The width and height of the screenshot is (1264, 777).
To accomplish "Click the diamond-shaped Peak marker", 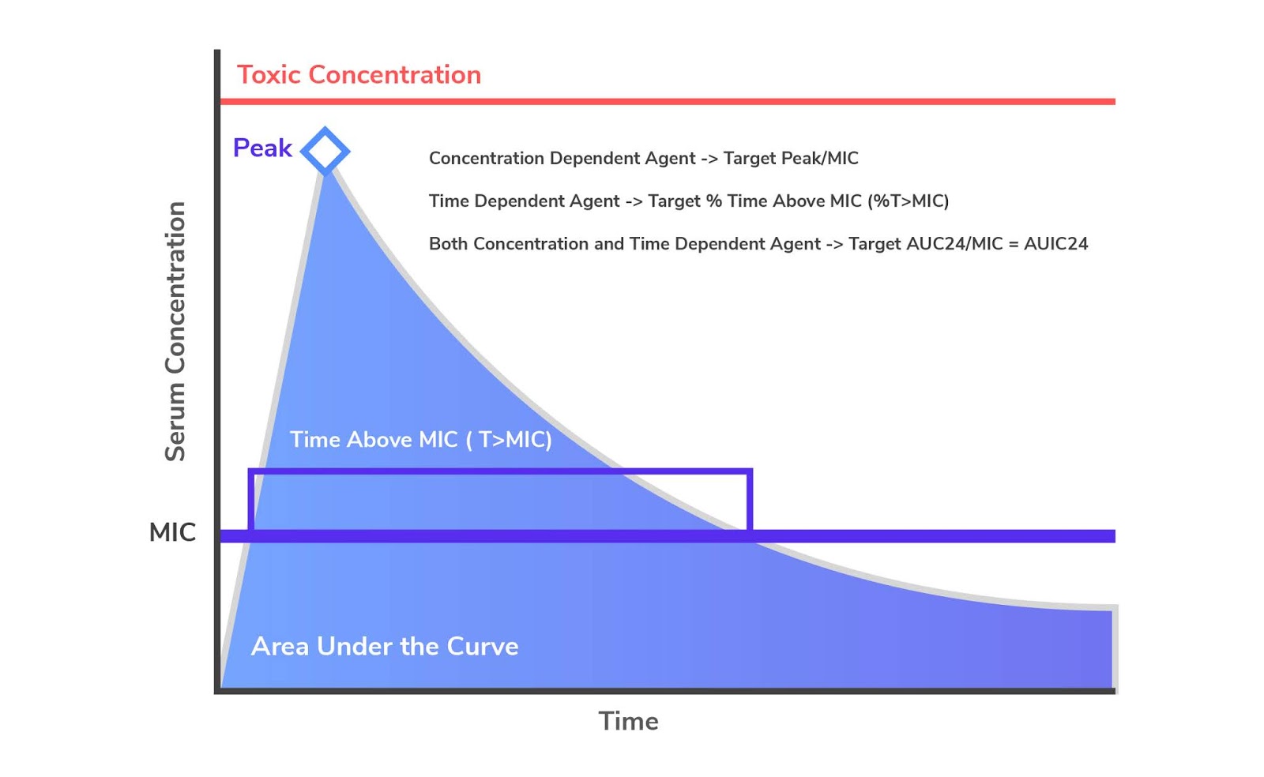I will click(x=325, y=150).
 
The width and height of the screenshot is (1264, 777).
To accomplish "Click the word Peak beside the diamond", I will click(x=262, y=148).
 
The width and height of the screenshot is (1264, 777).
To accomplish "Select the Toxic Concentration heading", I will click(x=359, y=75).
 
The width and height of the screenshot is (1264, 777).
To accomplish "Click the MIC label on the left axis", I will click(x=172, y=532).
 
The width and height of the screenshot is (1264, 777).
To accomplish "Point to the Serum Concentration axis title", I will click(x=175, y=332).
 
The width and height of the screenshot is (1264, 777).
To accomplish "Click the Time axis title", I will click(x=628, y=721).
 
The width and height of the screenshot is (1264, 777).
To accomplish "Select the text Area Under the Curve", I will click(x=385, y=647).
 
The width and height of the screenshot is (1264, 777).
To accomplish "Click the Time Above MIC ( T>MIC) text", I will click(x=420, y=440).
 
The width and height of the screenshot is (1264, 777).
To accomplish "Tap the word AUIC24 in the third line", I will click(x=1055, y=244).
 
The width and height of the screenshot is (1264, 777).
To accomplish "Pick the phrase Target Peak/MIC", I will click(x=791, y=159).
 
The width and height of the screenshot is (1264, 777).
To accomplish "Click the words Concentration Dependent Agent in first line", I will click(x=562, y=159).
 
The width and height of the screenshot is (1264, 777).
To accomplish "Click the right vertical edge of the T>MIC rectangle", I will click(x=750, y=500).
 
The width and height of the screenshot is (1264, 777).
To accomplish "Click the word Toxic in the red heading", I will click(x=269, y=75).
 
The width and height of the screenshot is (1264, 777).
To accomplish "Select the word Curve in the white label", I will click(x=483, y=647).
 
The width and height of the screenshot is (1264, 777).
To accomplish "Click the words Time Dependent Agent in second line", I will click(x=524, y=201).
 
